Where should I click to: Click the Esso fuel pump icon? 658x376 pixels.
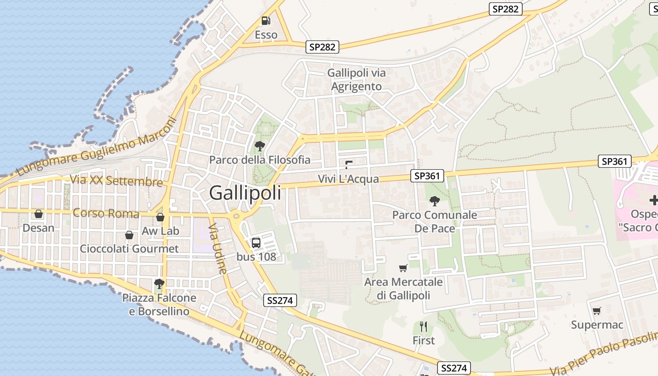pos(266,21)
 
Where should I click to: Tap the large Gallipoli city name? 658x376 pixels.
pos(245,193)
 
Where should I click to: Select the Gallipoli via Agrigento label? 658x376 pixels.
pos(356,79)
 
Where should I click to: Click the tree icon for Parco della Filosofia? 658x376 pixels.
pos(259,146)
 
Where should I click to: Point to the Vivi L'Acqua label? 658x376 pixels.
pos(348,179)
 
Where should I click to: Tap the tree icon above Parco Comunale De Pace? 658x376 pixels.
pos(435,201)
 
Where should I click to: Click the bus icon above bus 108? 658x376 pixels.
pos(256,243)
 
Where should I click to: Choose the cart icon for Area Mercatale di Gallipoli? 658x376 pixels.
pos(403,268)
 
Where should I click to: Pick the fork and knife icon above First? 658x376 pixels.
pos(423,326)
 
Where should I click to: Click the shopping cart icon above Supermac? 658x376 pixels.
pos(596,311)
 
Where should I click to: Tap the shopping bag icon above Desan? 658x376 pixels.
pos(39,214)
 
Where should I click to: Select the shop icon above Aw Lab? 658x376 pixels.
pos(160,217)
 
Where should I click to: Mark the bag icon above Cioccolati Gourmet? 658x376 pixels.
pos(129,235)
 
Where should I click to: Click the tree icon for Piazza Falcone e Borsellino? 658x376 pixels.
pos(159,283)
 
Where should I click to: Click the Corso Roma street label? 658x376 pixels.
pos(106,213)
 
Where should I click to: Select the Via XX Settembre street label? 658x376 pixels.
pos(116,181)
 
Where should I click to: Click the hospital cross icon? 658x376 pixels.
pos(653,201)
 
